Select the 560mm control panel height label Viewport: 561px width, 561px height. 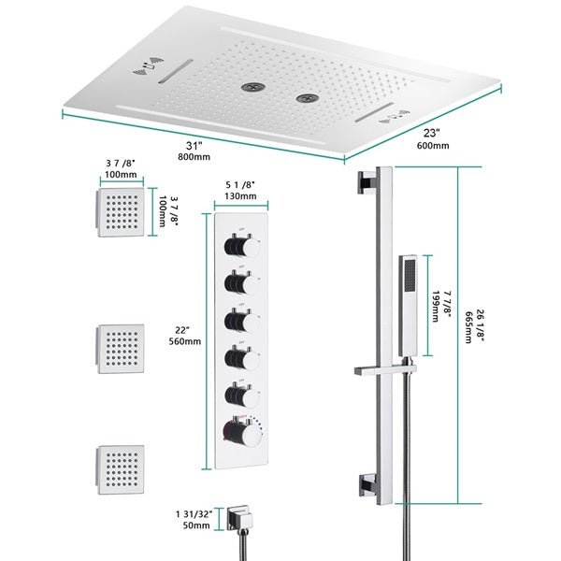point(183,341)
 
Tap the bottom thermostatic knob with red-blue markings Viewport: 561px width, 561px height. point(234,432)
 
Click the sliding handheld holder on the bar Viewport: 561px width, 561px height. point(384,372)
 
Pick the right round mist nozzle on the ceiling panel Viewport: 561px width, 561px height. point(304,96)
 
